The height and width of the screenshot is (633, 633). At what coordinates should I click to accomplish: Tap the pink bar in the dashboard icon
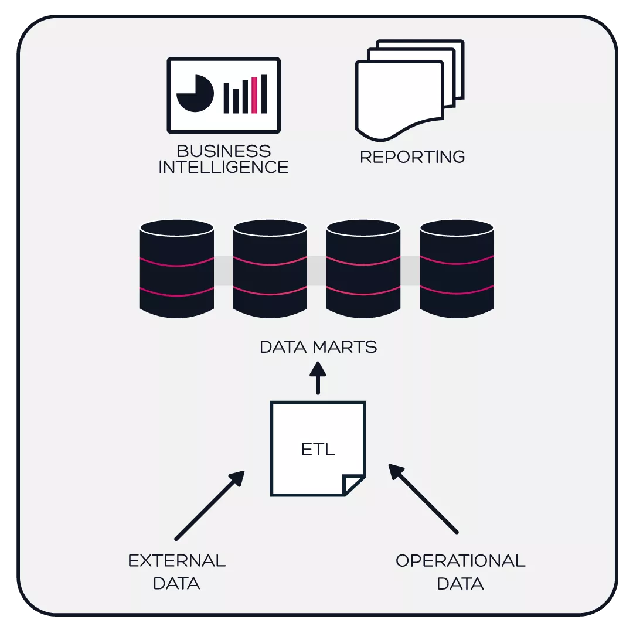[254, 95]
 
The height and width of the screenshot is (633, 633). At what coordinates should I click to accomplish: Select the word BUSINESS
[224, 151]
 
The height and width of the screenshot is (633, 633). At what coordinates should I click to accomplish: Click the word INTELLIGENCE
[224, 167]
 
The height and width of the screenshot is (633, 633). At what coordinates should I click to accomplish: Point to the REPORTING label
[412, 157]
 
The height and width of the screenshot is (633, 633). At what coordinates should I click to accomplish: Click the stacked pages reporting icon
[409, 89]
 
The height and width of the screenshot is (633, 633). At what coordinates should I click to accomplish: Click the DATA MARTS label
[318, 347]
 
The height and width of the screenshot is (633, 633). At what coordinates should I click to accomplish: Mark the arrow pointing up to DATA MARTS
[318, 378]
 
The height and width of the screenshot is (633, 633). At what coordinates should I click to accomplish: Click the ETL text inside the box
[318, 450]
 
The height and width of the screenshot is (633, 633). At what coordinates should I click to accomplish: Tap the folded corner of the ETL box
[354, 485]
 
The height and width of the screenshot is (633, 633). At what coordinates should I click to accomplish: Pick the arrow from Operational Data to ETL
[423, 499]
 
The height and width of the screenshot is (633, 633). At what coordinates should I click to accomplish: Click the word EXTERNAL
[177, 561]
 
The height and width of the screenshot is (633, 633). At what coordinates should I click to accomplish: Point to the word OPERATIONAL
[461, 561]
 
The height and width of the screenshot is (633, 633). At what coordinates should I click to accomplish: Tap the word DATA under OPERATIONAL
[461, 584]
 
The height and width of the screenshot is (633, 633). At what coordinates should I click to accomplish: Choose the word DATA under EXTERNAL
[176, 584]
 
